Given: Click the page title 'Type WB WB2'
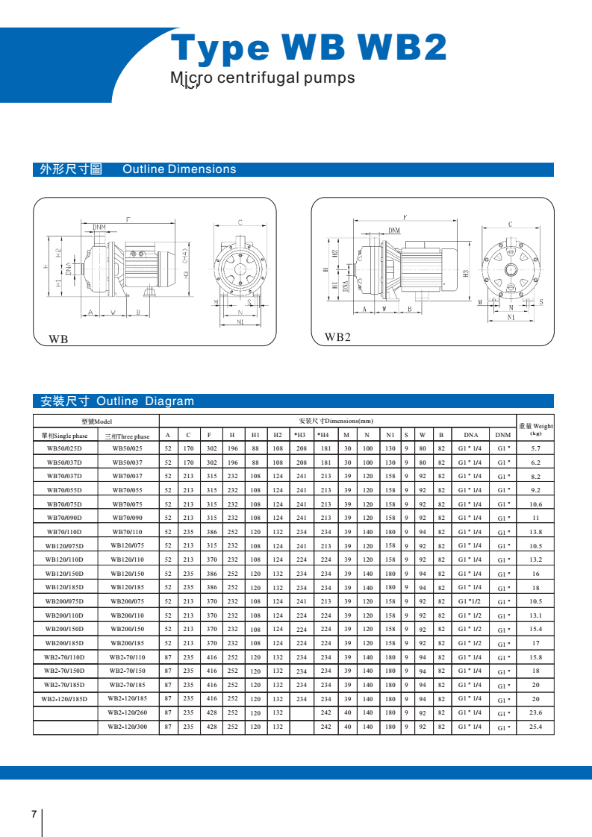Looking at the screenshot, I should coord(309,48).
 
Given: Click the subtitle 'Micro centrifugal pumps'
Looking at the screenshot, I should coord(263,78).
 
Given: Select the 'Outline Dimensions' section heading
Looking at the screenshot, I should coord(179,169).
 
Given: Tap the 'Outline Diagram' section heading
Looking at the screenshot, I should coord(145,401).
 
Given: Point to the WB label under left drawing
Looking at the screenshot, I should coord(58,339).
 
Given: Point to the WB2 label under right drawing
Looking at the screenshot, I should coord(337,337).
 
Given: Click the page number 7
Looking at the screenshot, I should coord(34,814).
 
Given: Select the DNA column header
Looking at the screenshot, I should coord(470,436).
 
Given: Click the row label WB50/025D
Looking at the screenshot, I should coord(65,448).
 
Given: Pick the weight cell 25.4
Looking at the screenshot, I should coord(535,727).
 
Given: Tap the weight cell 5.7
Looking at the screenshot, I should coord(535,448).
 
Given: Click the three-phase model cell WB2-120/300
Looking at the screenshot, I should coord(127,727).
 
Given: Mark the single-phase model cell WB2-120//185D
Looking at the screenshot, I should coord(65,699).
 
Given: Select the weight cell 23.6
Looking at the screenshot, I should coord(535,712).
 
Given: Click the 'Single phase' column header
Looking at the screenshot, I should coord(65,436).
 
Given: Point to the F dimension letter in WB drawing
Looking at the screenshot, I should coord(128,220).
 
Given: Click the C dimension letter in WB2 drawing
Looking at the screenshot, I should coord(510,224).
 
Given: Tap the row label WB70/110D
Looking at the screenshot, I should coord(65,532).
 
